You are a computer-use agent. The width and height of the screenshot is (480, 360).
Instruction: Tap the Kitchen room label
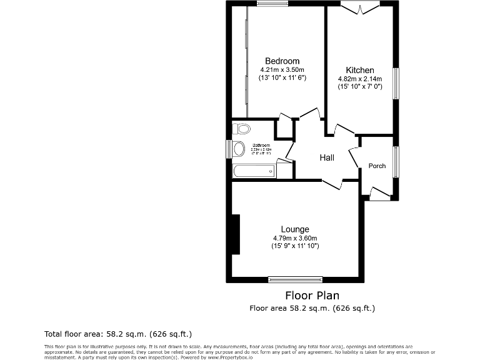(x=360, y=70)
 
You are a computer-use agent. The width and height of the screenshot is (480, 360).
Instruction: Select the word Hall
(x=327, y=157)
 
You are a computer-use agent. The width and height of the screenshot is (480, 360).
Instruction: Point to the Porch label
(x=377, y=166)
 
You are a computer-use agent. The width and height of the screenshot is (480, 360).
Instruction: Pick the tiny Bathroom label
(x=261, y=146)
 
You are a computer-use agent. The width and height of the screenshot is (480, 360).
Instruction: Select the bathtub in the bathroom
(x=253, y=171)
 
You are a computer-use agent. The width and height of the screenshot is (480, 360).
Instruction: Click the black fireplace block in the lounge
(x=236, y=234)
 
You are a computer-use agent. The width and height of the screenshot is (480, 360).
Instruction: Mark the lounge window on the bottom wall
(x=295, y=279)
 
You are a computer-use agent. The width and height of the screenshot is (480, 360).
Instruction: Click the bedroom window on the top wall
(x=272, y=4)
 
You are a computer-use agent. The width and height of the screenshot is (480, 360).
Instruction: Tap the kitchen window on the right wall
(x=396, y=82)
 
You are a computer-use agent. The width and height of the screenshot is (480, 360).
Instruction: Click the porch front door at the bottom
(x=379, y=193)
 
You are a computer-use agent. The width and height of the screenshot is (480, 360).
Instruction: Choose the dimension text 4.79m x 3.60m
(x=295, y=238)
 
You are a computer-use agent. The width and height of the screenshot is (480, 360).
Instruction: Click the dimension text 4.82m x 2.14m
(x=360, y=79)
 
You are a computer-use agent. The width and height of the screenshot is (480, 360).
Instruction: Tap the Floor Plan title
(x=312, y=295)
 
